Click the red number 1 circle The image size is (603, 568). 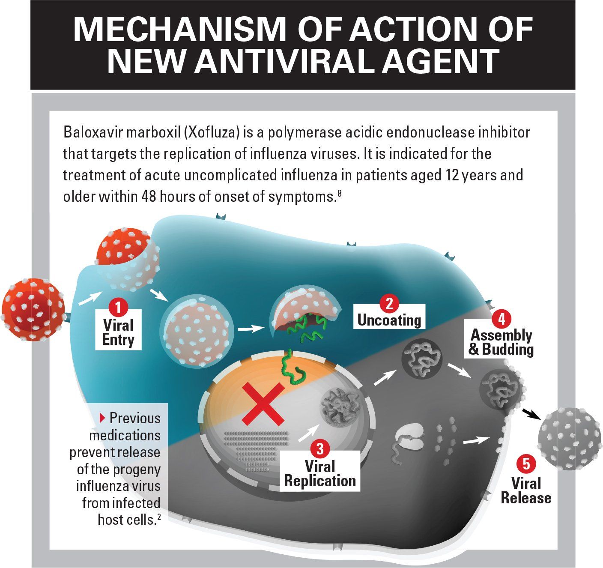[x=118, y=307]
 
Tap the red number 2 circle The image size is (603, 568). [x=389, y=303]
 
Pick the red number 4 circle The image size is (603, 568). [x=502, y=319]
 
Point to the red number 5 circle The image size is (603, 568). [x=526, y=464]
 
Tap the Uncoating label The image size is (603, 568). [x=389, y=320]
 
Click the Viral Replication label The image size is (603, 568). [x=320, y=473]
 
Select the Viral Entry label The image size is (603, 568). [x=119, y=332]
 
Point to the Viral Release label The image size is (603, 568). [x=526, y=490]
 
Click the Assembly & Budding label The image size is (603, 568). [x=501, y=342]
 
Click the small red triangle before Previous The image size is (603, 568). [x=101, y=417]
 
